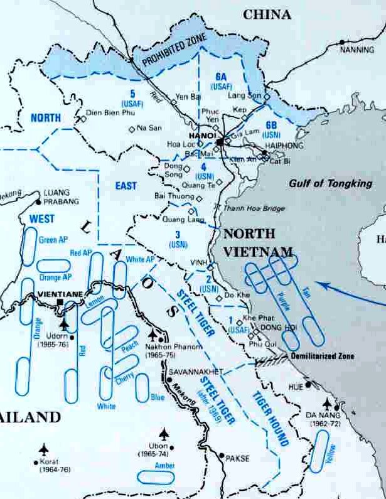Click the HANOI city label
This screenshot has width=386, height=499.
click(201, 135)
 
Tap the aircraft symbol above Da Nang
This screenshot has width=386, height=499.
click(327, 402)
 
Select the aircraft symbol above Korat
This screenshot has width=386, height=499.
click(43, 449)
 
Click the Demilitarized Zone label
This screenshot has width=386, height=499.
click(321, 357)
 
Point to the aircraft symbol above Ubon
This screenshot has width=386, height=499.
click(164, 433)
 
